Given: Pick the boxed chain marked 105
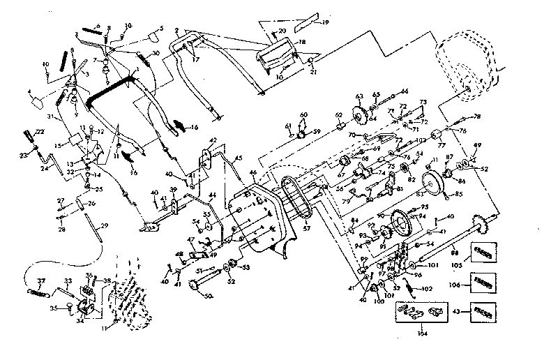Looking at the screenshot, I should coord(484,250).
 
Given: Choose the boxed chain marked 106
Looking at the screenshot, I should coord(484,282).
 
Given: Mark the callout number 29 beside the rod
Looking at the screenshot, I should coord(105,225).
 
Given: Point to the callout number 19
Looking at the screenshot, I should coord(325,23).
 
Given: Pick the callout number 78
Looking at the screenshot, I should coord(477,116).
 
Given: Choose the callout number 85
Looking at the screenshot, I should coord(458,195).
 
